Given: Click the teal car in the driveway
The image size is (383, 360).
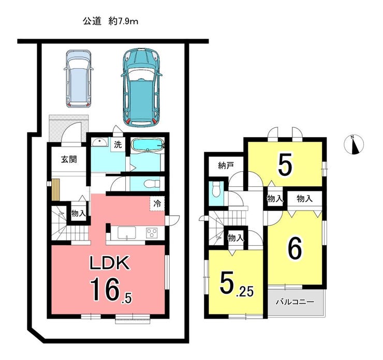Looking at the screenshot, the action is tap(142, 87).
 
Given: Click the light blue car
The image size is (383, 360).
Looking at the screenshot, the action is tap(79, 78).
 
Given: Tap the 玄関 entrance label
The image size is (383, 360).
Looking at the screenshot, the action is tap(69, 159).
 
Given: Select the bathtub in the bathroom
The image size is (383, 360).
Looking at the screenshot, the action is tap(147, 145).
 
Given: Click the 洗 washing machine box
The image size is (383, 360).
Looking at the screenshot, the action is tap(117, 145).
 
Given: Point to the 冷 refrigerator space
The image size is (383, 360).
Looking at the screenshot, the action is tap(157, 204).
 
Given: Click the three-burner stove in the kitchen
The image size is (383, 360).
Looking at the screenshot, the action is tap(152, 233).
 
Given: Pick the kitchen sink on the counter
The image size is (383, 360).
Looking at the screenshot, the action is tap(127, 232).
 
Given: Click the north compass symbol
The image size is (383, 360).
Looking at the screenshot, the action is tap(353, 144).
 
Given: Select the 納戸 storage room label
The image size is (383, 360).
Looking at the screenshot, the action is tap(226, 166).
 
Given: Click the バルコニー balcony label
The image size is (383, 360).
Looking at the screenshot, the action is tap(295, 302).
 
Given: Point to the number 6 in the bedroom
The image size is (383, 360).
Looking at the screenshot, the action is tap(295, 249).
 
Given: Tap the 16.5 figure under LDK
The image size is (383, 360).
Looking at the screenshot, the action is tap(111, 290).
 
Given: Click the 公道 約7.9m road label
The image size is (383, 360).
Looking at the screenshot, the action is tap(110, 22).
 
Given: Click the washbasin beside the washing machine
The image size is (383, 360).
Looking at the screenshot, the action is tap(100, 142).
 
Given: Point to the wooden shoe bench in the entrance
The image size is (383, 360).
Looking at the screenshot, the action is tap(55, 190).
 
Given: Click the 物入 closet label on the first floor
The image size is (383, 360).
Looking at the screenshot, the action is tap(78, 214).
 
